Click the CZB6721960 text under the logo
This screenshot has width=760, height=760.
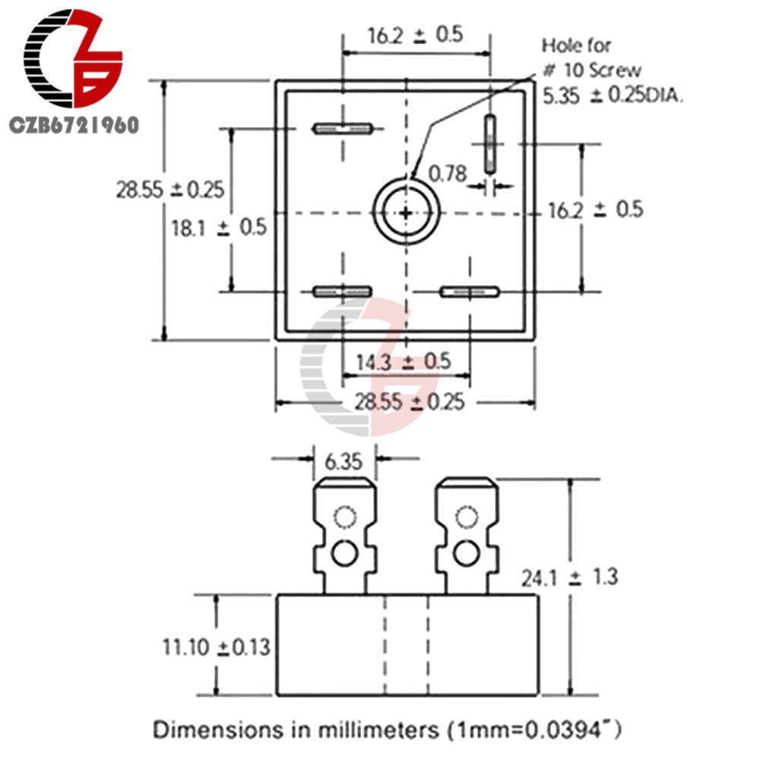(74, 124)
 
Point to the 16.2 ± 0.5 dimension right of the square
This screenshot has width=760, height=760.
(596, 210)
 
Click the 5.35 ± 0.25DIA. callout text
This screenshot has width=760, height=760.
(613, 96)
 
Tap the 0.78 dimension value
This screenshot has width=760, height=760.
(448, 174)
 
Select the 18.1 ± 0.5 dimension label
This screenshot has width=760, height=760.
(218, 227)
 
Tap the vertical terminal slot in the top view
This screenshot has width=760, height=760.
(491, 144)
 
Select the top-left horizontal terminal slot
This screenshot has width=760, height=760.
(342, 128)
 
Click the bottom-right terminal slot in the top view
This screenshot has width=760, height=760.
(470, 291)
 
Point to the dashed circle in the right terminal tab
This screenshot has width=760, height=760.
(465, 518)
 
